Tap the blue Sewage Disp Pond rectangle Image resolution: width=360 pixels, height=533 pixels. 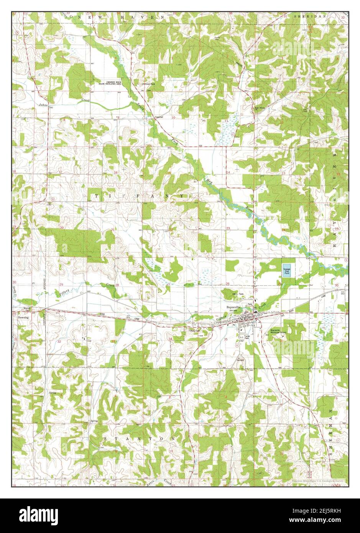[x=287, y=270]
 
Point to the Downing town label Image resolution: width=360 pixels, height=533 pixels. [x=23, y=317]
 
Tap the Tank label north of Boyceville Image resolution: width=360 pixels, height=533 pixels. [x=241, y=294]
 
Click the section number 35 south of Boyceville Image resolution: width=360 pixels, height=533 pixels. [x=226, y=340]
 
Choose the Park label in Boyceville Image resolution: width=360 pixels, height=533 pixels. [x=250, y=304]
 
